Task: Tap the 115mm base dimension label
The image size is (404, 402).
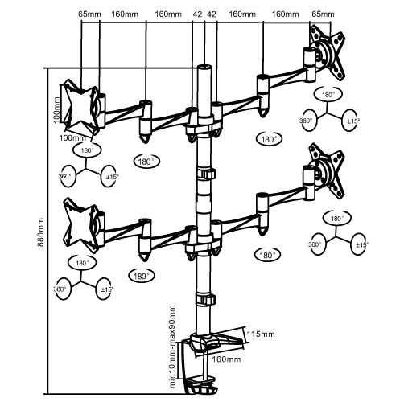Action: pyautogui.click(x=261, y=334)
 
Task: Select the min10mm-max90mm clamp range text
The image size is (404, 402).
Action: pyautogui.click(x=172, y=346)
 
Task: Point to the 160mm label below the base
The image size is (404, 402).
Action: pyautogui.click(x=226, y=359)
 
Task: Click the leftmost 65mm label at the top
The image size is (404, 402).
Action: pyautogui.click(x=89, y=14)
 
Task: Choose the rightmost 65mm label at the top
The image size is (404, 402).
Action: pyautogui.click(x=323, y=14)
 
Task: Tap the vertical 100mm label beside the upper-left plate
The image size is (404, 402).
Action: pyautogui.click(x=56, y=109)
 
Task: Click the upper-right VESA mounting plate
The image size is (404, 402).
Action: pyautogui.click(x=328, y=52)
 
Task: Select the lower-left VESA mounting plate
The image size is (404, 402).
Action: pyautogui.click(x=80, y=225)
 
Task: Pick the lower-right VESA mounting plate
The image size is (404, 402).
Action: pyautogui.click(x=327, y=171)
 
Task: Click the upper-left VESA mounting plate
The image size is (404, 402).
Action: pyautogui.click(x=80, y=107)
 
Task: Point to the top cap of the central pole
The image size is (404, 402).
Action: pyautogui.click(x=204, y=67)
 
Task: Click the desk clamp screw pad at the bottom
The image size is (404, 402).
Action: pyautogui.click(x=203, y=380)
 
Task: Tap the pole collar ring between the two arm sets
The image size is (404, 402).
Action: pyautogui.click(x=206, y=174)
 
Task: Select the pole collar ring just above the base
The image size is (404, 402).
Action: pyautogui.click(x=206, y=299)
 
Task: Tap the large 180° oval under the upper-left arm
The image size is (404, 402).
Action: pyautogui.click(x=146, y=162)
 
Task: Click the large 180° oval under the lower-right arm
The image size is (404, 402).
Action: pyautogui.click(x=266, y=255)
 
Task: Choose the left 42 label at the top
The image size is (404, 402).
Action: pyautogui.click(x=197, y=14)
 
